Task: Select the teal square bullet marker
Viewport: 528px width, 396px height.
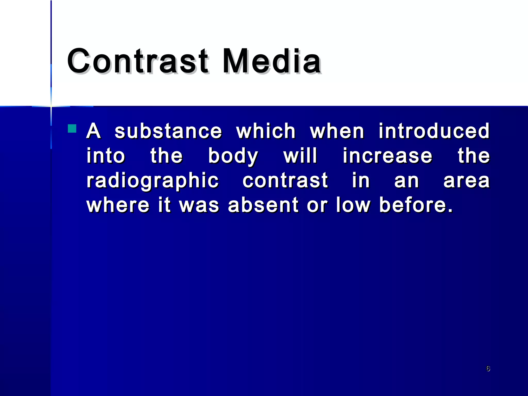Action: coord(72,128)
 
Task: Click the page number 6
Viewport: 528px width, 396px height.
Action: coord(488,368)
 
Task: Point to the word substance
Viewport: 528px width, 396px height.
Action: coord(168,131)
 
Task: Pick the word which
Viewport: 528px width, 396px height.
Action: coord(266,131)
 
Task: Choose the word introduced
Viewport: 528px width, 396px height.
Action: coord(434,131)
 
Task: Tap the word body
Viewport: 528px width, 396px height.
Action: coord(233,156)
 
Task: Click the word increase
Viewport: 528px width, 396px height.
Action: coord(387,156)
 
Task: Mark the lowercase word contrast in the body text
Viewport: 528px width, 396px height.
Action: coord(285,180)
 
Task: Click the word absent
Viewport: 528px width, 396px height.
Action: coord(263,205)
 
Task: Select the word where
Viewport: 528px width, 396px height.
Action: coord(118,205)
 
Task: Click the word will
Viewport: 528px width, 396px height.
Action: coord(300,156)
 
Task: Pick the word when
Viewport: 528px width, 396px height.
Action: coord(337,131)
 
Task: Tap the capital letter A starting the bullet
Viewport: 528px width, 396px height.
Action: coord(93,131)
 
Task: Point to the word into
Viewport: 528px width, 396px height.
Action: coord(106,156)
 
